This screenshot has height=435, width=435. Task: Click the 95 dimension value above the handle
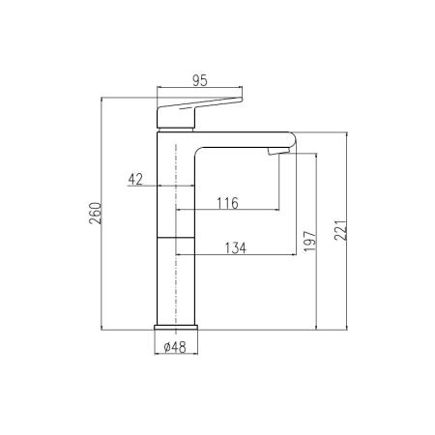[200, 80]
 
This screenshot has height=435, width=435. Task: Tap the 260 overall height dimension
[96, 214]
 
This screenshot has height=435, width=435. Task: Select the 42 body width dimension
[135, 179]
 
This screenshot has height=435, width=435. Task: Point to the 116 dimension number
[227, 203]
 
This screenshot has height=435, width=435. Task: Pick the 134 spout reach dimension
[236, 248]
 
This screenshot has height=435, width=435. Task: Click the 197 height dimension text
[310, 241]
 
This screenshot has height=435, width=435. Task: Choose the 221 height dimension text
[340, 230]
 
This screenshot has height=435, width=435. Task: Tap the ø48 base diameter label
[175, 347]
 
